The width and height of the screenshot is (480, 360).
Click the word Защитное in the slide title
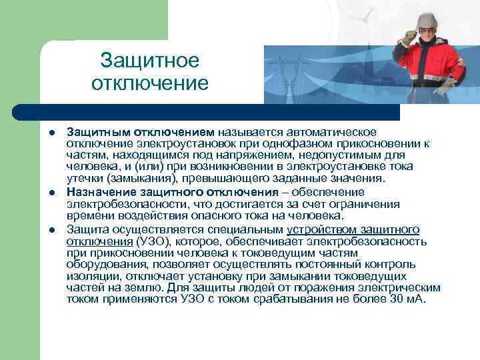click(150, 61)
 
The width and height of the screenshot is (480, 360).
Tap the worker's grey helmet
click(427, 19)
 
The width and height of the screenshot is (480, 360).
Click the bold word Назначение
click(97, 193)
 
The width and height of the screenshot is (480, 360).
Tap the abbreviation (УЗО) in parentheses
click(151, 241)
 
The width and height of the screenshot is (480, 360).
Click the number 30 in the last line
click(397, 299)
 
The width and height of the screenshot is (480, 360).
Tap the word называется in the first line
click(247, 131)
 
